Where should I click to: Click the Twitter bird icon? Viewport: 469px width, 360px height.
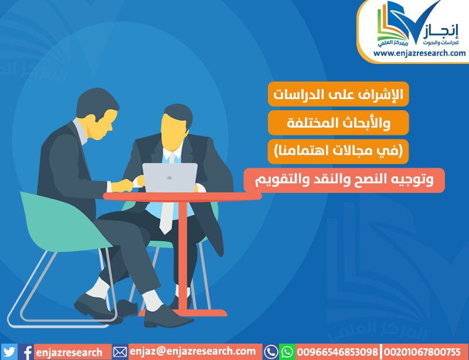pos(9,352)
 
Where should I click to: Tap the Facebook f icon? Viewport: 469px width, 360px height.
pos(27,352)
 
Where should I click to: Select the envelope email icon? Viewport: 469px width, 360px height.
pos(120,352)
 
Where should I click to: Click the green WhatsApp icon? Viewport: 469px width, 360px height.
pos(287,352)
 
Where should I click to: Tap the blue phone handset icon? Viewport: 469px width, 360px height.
pos(271,352)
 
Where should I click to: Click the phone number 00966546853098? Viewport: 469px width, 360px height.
pos(338,352)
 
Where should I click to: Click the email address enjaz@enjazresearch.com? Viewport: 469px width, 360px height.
pos(193,352)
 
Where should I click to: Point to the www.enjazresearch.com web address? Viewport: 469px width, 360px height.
pos(419,53)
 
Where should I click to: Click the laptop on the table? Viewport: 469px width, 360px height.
pos(169,178)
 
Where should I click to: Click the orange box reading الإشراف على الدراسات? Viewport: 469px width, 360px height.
pos(338,94)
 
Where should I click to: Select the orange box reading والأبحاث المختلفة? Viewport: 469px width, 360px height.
pos(338,123)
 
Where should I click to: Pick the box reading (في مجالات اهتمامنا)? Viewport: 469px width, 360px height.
pos(338,151)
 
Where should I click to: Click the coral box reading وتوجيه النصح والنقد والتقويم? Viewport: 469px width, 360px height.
pos(344,180)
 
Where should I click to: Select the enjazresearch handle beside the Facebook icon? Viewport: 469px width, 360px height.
pos(69,352)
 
